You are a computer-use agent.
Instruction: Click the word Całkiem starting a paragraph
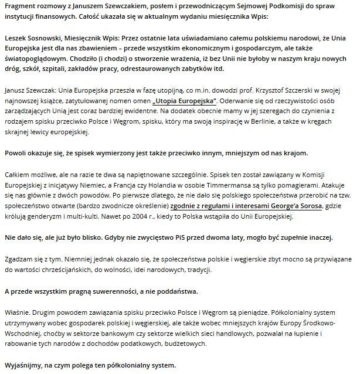point(17,175)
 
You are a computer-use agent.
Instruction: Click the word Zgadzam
point(18,259)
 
